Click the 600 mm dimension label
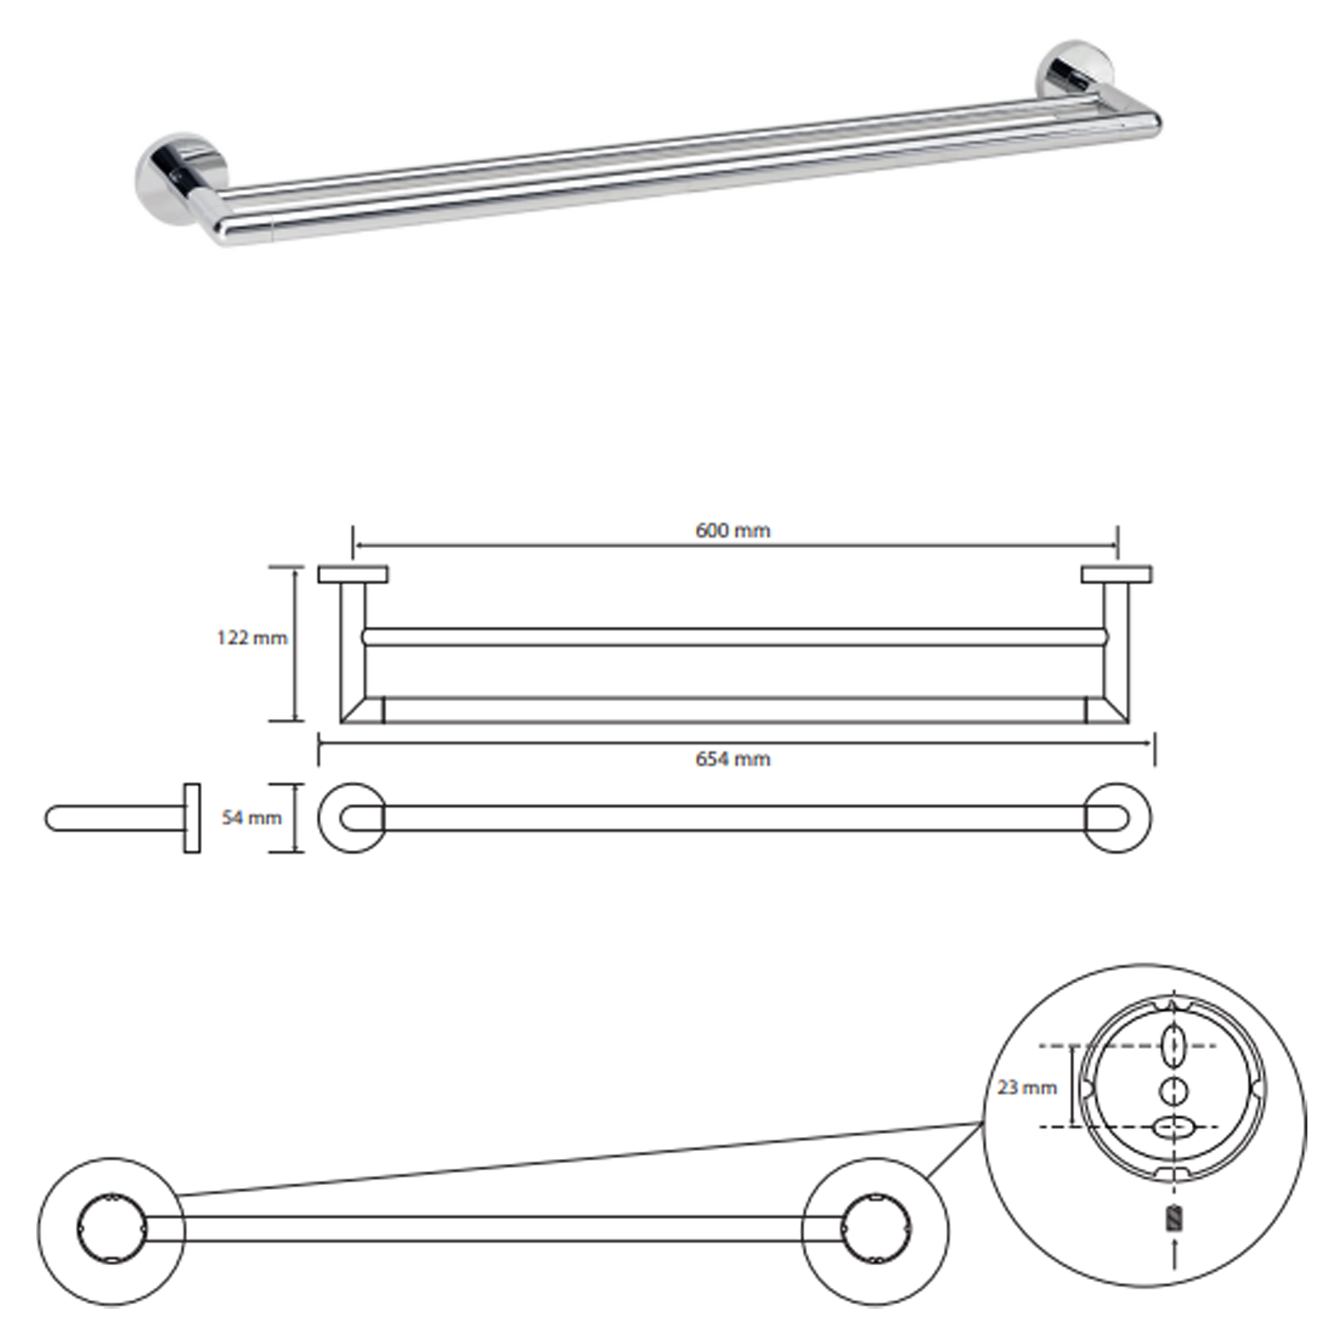733,531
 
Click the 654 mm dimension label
733,759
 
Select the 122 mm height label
252,638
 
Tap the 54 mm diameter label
252,818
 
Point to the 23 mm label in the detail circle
1027,1088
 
